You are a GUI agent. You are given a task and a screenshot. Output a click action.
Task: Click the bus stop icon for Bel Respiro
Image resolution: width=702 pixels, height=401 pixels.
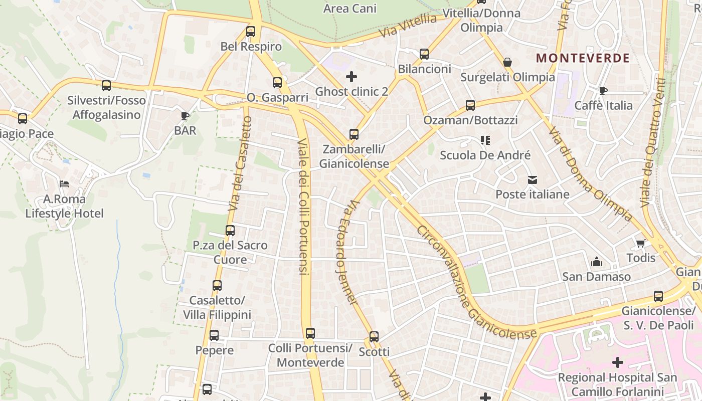(x=251, y=32)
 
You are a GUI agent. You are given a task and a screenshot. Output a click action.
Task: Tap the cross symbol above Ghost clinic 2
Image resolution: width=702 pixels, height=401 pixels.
(x=352, y=77)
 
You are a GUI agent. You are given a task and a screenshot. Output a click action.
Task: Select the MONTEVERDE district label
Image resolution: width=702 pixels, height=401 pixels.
(x=583, y=58)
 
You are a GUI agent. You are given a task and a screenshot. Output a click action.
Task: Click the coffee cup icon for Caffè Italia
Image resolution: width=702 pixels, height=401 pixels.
(x=603, y=91)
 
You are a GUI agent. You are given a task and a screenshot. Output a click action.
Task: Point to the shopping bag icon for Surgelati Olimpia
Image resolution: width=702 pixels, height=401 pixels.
(x=507, y=62)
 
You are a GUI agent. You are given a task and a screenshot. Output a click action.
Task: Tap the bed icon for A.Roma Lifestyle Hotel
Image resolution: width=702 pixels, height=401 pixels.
(x=64, y=184)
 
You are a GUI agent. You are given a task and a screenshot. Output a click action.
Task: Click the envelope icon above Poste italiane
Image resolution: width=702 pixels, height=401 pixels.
(x=532, y=179)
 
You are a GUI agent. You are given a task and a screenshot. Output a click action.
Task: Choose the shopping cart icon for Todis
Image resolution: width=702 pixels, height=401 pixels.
(x=640, y=243)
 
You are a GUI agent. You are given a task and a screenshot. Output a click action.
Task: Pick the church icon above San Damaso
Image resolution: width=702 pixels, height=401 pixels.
(x=596, y=262)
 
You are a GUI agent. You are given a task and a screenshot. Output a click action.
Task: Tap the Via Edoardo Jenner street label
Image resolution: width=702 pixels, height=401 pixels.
(x=346, y=252)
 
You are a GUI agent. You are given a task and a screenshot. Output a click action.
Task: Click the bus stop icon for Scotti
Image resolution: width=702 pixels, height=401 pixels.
(x=374, y=337)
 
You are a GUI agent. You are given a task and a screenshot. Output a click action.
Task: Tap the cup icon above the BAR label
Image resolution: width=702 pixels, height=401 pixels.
(x=185, y=116)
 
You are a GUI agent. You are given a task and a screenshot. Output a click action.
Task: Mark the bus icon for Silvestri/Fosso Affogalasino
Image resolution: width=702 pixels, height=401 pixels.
(x=106, y=86)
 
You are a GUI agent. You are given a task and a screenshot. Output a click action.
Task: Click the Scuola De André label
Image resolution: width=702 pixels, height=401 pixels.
(x=485, y=155)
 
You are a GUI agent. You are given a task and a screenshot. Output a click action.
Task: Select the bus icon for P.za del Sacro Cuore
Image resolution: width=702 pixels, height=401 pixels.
(x=230, y=231)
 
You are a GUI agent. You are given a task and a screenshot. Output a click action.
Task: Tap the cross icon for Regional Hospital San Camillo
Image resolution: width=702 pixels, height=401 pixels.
(x=618, y=362)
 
